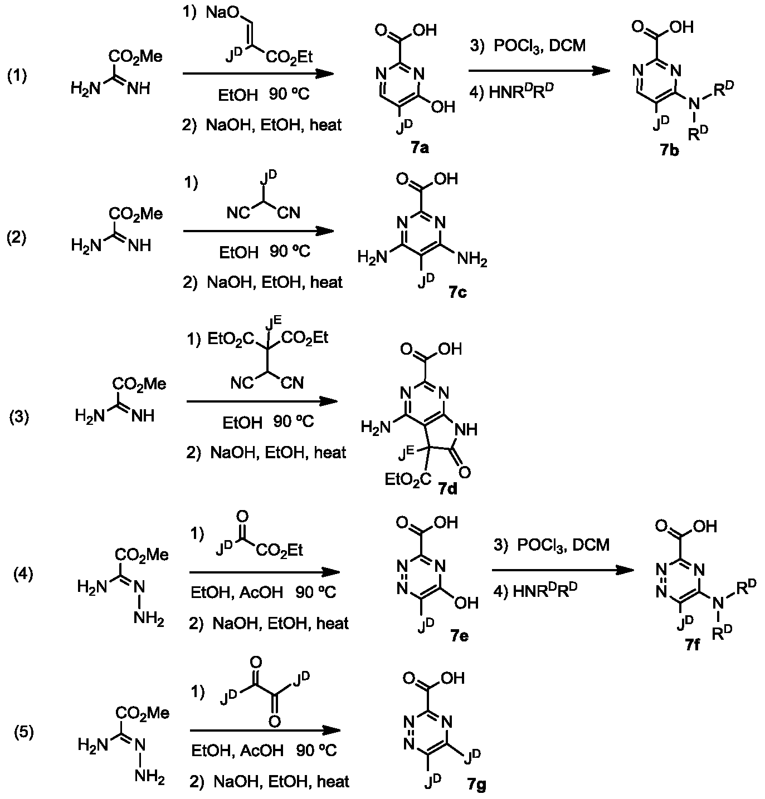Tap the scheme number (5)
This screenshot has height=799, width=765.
point(24,733)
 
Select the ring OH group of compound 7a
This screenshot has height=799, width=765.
point(444,106)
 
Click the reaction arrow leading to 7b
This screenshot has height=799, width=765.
point(538,71)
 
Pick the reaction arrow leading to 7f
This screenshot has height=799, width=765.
point(563,570)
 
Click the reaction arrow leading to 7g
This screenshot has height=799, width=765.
point(265,731)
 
